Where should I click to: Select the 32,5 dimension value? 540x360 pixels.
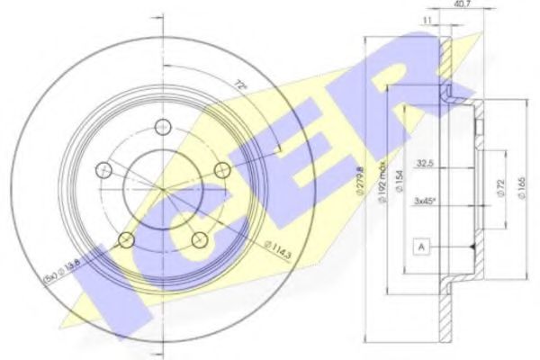[427, 164]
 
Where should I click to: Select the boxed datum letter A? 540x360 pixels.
[421, 246]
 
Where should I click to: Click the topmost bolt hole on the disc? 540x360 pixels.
[162, 126]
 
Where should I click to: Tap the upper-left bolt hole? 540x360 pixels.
[104, 169]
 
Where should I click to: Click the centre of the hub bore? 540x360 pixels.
[162, 187]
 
